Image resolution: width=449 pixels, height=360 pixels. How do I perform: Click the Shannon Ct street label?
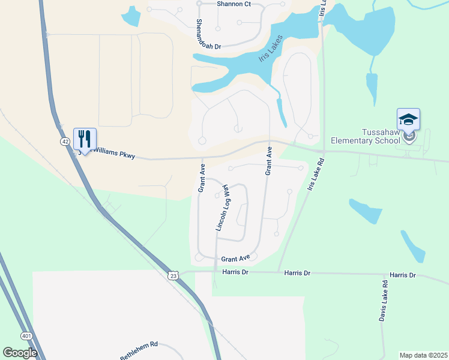232,4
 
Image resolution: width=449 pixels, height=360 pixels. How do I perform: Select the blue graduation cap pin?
408,119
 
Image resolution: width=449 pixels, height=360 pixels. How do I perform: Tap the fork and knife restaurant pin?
85,139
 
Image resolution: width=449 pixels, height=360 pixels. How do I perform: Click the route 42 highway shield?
65,141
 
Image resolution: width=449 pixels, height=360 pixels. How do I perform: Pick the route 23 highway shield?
173,275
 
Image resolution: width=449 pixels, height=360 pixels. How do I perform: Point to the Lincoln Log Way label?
223,208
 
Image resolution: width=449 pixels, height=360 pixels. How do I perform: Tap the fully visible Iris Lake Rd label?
315,175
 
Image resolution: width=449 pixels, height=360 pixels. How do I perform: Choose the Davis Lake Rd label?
383,299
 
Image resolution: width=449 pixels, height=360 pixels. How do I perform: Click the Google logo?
20,353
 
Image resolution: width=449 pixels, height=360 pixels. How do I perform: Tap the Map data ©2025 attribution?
423,355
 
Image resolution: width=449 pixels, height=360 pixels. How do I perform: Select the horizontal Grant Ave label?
235,259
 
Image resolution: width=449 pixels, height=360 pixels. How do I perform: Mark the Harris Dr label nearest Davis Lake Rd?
402,275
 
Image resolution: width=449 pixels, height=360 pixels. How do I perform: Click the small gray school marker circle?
410,137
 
